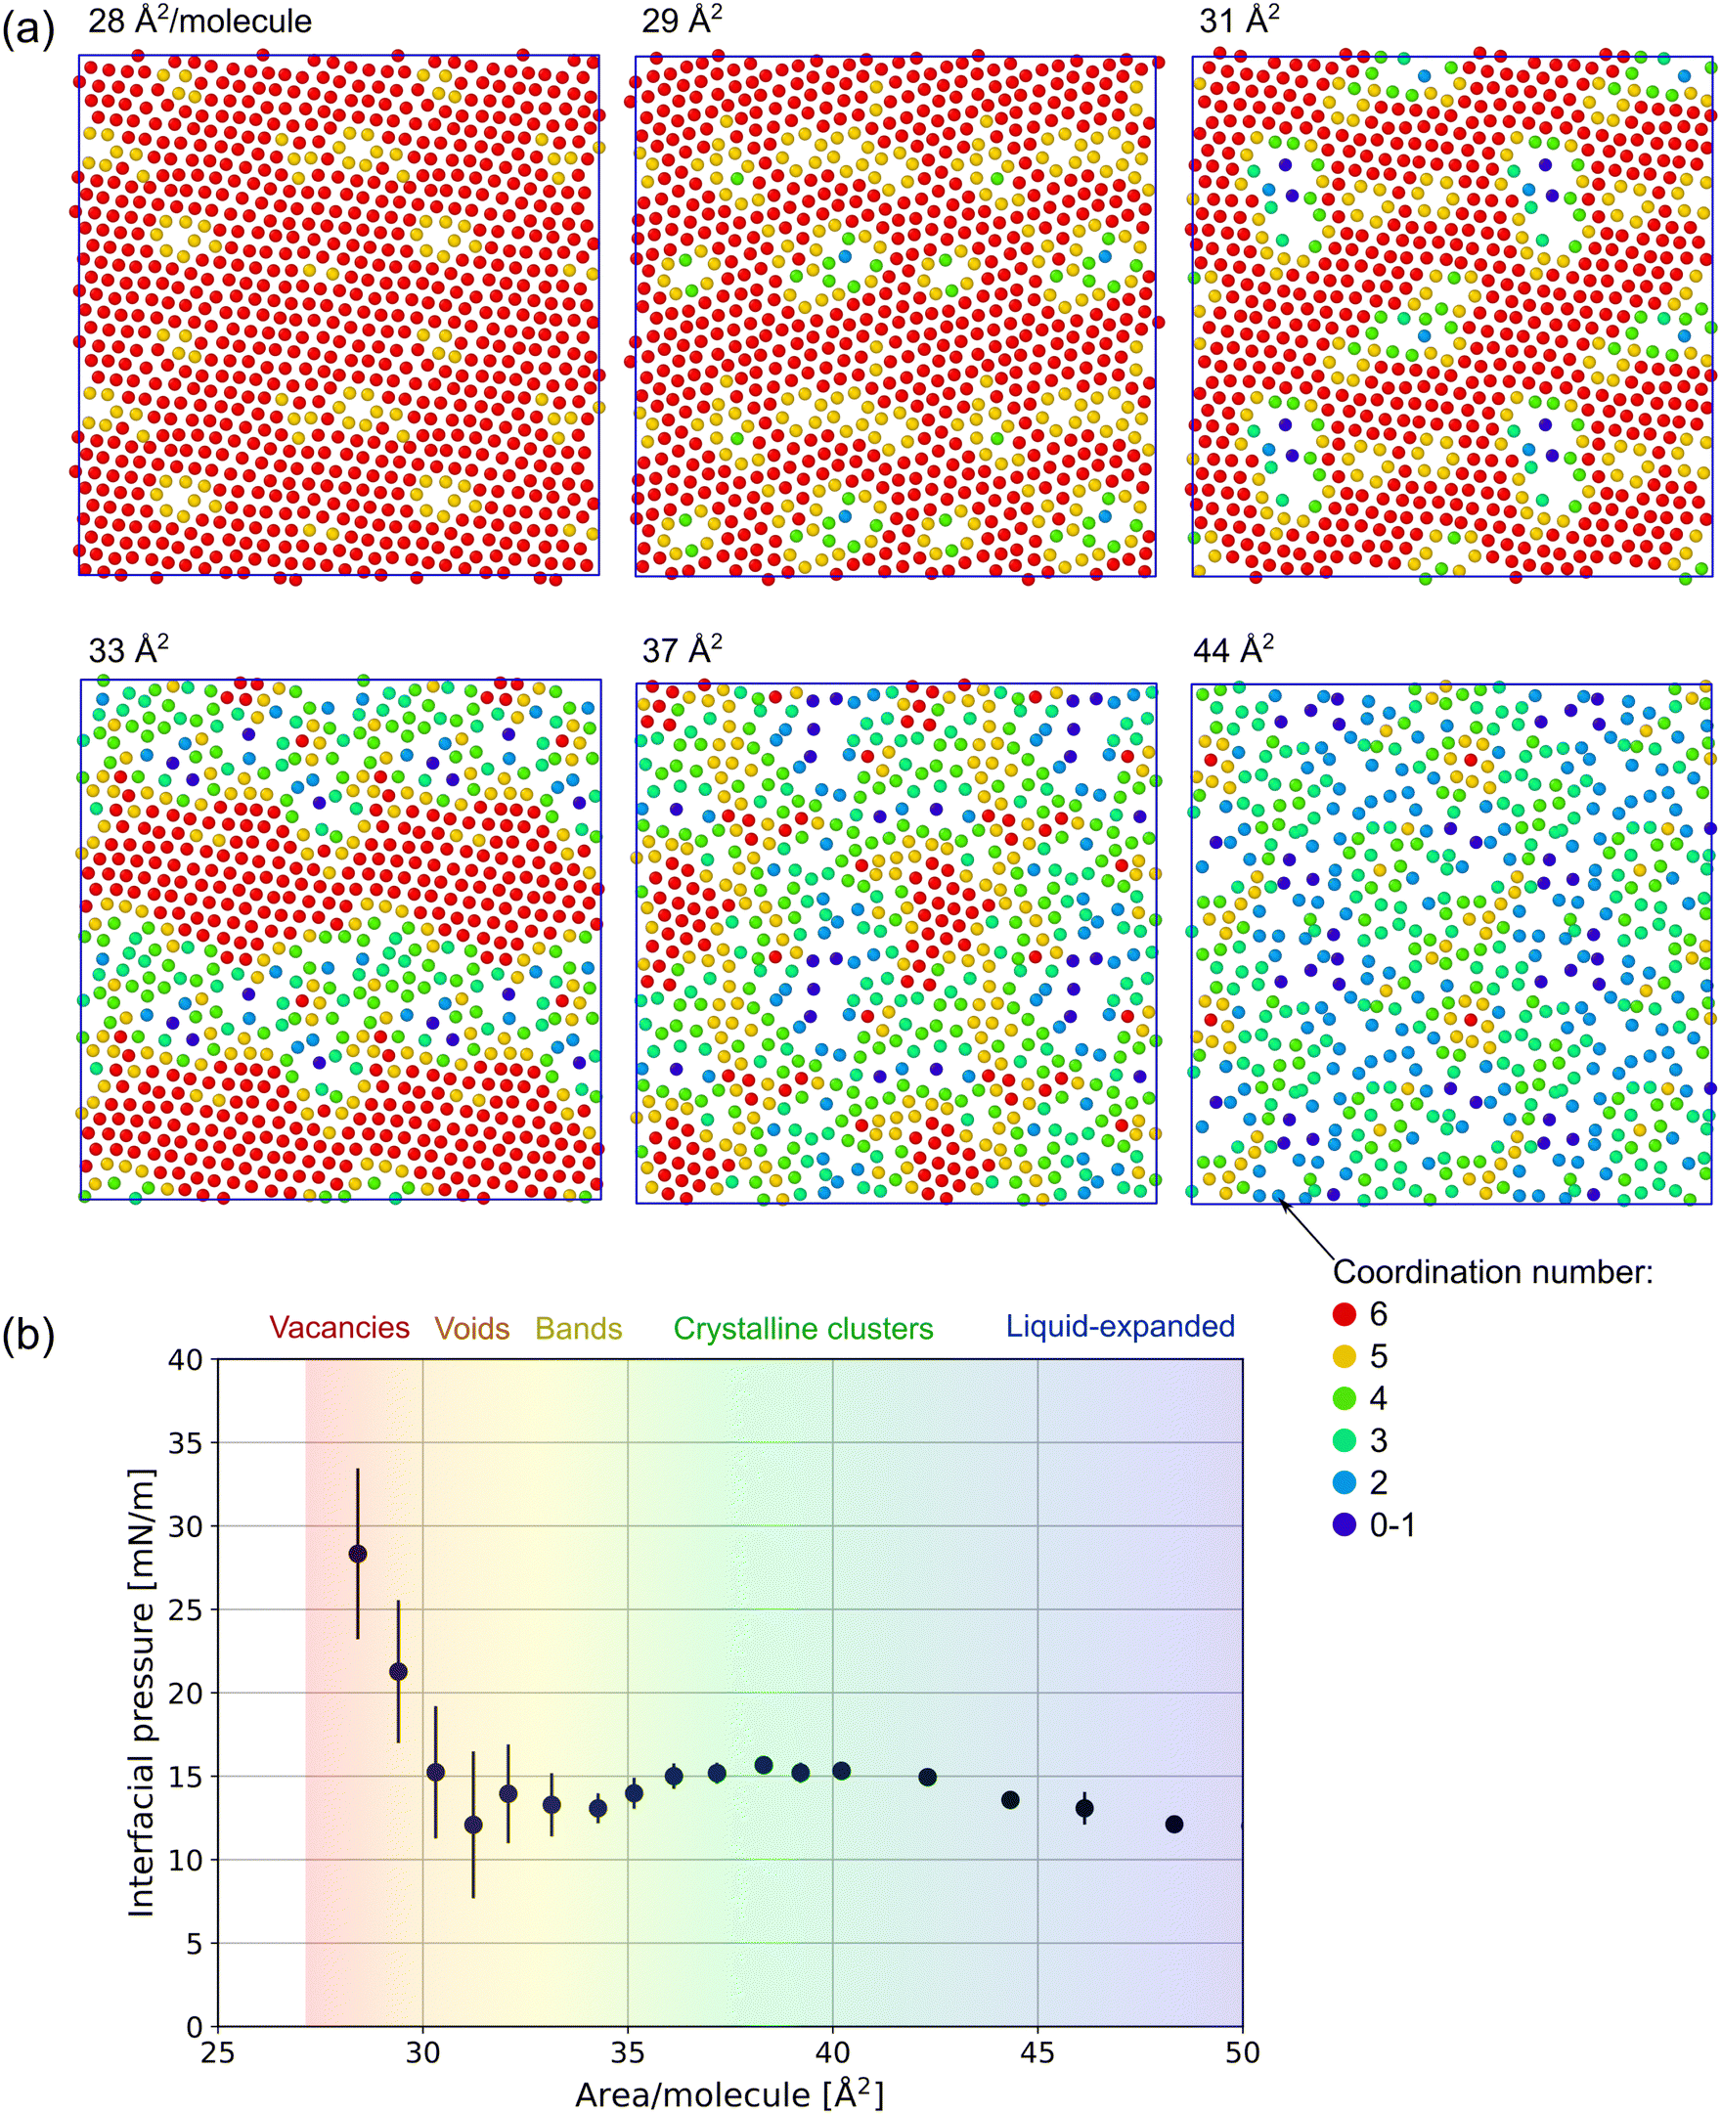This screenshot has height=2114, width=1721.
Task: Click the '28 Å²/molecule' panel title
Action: point(199,20)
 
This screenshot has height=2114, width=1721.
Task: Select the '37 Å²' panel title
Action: point(683,649)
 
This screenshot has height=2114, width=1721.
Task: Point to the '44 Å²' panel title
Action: point(1233,649)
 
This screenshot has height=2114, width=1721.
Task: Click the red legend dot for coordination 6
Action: point(1345,1314)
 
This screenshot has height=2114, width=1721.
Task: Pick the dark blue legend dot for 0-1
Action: point(1345,1524)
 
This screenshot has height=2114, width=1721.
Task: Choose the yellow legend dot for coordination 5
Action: point(1345,1356)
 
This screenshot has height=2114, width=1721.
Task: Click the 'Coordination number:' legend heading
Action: point(1492,1271)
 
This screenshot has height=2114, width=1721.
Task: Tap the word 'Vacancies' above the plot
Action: point(339,1327)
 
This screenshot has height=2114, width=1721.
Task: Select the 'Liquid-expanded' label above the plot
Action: point(1121,1326)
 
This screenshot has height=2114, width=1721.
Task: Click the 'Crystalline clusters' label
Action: point(803,1328)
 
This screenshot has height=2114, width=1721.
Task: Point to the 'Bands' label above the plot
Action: point(579,1328)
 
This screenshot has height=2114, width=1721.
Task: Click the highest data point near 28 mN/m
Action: point(358,1553)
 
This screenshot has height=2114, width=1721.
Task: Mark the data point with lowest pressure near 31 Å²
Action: point(473,1825)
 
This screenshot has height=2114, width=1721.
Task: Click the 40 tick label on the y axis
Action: point(186,1360)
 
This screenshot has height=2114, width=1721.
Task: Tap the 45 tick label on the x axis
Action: point(1037,2051)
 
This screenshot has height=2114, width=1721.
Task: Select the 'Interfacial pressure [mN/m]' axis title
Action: point(142,1692)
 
